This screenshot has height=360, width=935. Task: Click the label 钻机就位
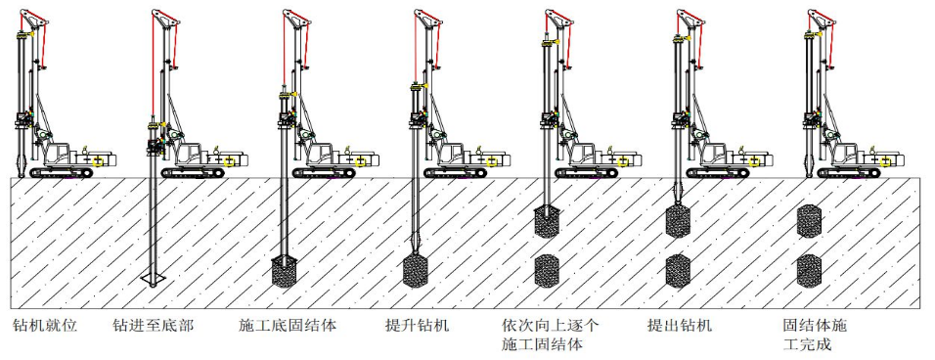coord(45,326)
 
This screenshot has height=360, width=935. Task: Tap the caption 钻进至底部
coord(153,326)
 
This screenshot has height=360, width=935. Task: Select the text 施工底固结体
coord(288,326)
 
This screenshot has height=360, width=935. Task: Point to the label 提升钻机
coord(418,326)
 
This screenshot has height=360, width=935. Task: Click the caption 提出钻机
coord(679,326)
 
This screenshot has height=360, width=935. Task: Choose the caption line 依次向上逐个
coord(550,326)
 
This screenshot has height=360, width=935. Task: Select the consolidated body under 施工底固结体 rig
coord(285,272)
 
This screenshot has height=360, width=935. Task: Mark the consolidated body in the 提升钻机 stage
coord(416,271)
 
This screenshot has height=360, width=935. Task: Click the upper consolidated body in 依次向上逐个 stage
coord(546,222)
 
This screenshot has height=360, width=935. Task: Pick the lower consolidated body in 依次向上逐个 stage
coord(546,271)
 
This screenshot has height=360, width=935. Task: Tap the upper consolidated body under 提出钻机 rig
coord(678,221)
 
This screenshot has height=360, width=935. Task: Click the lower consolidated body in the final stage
coord(809,271)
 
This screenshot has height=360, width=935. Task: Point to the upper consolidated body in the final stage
coord(809,221)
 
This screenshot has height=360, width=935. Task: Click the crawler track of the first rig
coord(62,173)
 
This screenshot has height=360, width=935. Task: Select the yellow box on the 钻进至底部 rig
coord(229,161)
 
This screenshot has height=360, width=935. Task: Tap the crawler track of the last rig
coord(850,173)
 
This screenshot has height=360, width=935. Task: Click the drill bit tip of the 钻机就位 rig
coord(22,176)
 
